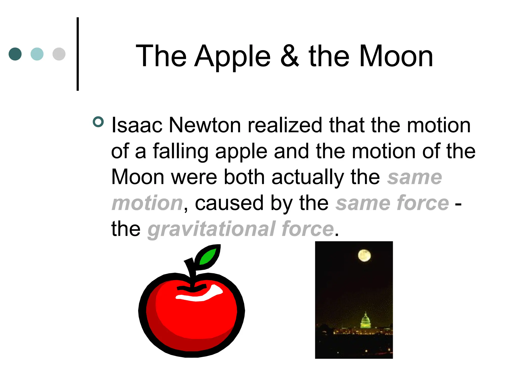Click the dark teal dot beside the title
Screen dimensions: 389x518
[x=15, y=54]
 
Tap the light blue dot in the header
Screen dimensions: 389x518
[x=37, y=54]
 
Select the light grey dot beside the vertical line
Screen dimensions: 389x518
[x=59, y=54]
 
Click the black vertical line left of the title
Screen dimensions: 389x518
[x=78, y=54]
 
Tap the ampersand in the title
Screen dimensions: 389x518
[x=290, y=56]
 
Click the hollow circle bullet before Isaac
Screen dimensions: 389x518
[x=98, y=122]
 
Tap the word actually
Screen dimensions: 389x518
[x=308, y=177]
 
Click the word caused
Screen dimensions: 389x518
[x=229, y=203]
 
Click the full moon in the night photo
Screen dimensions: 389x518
[x=364, y=255]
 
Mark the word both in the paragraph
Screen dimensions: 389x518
[x=244, y=177]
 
